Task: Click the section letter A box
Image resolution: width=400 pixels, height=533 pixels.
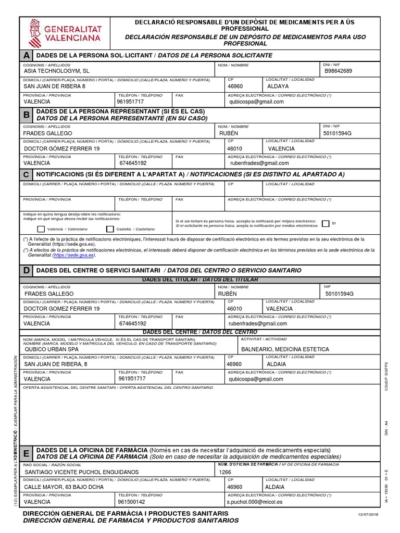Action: (26, 55)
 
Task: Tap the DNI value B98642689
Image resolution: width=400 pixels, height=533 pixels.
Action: (339, 71)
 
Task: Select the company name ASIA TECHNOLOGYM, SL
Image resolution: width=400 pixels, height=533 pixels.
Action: (57, 71)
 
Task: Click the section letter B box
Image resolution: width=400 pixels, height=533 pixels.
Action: (26, 115)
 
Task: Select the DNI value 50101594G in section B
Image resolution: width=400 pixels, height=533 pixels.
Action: (338, 133)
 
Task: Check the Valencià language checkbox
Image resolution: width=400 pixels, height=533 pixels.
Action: (41, 229)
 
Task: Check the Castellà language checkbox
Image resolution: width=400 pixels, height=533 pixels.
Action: (110, 229)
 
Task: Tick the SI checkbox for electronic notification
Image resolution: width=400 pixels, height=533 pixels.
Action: (326, 223)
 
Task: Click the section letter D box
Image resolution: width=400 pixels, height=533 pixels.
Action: (26, 271)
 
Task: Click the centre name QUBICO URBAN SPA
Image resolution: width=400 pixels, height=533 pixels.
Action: (52, 349)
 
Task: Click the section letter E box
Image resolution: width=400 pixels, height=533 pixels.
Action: (26, 453)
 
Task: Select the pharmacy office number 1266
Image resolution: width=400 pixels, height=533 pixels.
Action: (225, 472)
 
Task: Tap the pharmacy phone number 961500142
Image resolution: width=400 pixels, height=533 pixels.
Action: (132, 502)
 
